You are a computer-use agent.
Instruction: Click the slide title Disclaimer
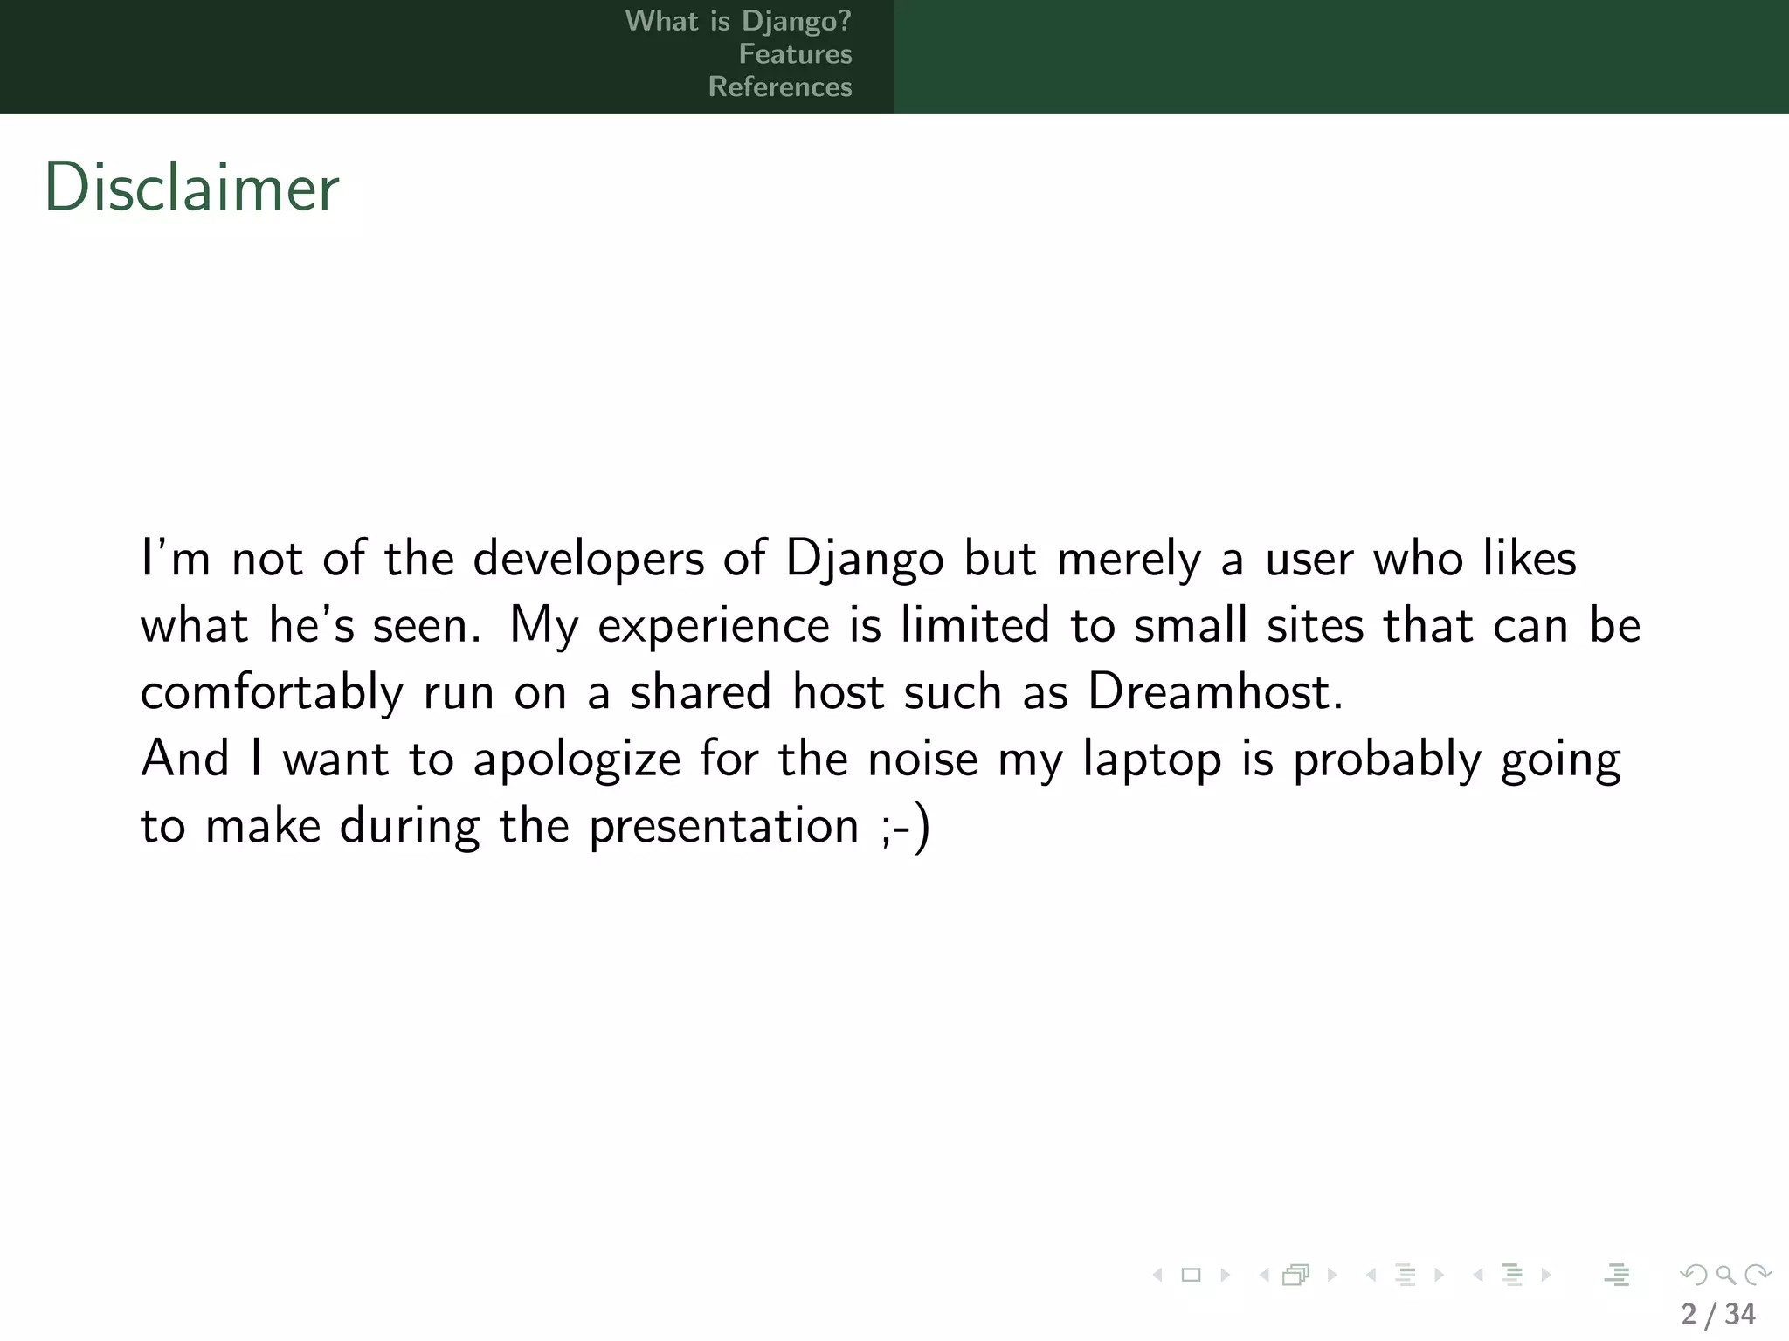pyautogui.click(x=191, y=188)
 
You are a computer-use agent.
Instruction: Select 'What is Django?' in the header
pyautogui.click(x=737, y=21)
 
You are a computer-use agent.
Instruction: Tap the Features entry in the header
pyautogui.click(x=795, y=54)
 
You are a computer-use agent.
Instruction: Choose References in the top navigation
pyautogui.click(x=779, y=87)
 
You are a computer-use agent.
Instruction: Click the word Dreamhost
pyautogui.click(x=1214, y=691)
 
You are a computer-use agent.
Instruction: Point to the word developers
pyautogui.click(x=588, y=559)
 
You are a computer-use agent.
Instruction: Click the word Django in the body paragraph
pyautogui.click(x=865, y=559)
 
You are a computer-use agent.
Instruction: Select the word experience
pyautogui.click(x=714, y=626)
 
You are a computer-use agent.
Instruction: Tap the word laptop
pyautogui.click(x=1151, y=759)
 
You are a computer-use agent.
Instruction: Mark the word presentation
pyautogui.click(x=724, y=826)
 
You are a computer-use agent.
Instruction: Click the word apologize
pyautogui.click(x=577, y=759)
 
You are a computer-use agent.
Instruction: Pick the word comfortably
pyautogui.click(x=272, y=692)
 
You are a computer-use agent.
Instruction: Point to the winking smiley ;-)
pyautogui.click(x=906, y=826)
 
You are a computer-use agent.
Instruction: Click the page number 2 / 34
pyautogui.click(x=1717, y=1313)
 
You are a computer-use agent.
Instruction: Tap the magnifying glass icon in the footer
pyautogui.click(x=1725, y=1275)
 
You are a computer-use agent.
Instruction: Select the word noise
pyautogui.click(x=922, y=758)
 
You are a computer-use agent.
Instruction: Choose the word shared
pyautogui.click(x=701, y=691)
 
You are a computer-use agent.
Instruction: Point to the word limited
pyautogui.click(x=975, y=625)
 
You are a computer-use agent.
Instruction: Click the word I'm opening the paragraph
pyautogui.click(x=176, y=559)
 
